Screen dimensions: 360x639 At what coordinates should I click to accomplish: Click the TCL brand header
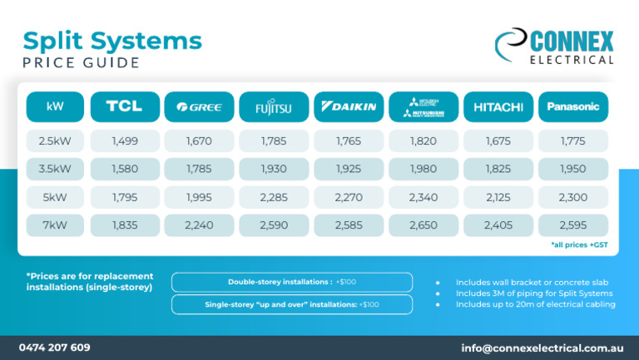click(124, 106)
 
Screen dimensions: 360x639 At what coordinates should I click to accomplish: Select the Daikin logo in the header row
click(349, 106)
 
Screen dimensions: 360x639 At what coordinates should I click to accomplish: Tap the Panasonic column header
click(573, 106)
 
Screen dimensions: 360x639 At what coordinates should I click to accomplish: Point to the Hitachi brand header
click(498, 106)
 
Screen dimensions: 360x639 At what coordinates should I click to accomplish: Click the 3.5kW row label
click(55, 170)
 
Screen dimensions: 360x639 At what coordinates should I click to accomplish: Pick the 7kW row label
click(55, 225)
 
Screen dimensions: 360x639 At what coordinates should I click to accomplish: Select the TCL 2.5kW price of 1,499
click(124, 141)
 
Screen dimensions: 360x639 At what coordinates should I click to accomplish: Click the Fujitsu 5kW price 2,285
click(274, 198)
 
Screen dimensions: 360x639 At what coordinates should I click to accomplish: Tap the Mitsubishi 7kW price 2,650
click(424, 225)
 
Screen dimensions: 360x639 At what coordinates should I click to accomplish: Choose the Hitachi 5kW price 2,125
click(498, 198)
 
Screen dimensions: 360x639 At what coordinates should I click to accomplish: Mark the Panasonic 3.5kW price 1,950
click(573, 170)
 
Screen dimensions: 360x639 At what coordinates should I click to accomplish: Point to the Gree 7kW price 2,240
click(199, 225)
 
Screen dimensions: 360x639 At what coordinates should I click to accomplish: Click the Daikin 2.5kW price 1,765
click(349, 141)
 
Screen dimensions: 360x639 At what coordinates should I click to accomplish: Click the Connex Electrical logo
click(554, 47)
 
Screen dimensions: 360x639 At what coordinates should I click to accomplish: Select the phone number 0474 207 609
click(55, 348)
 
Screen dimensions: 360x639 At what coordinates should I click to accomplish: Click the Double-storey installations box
click(291, 282)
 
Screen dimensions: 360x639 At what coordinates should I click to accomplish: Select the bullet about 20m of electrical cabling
click(535, 304)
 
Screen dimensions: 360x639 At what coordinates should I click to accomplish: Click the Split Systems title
click(112, 41)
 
